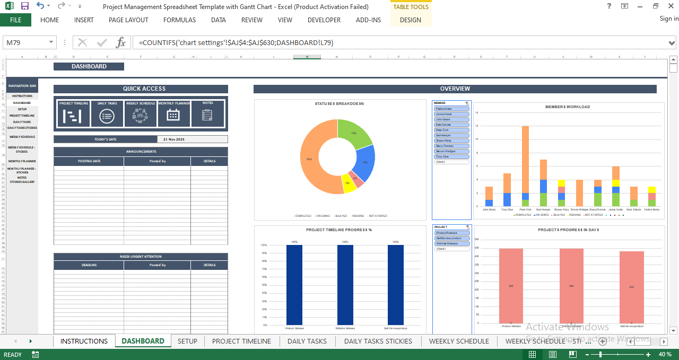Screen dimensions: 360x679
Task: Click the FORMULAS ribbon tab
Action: pos(179,20)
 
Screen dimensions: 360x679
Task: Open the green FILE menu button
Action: pos(15,20)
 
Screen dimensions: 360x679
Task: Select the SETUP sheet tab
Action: pos(187,341)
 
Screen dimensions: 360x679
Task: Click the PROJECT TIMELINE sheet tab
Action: pos(241,341)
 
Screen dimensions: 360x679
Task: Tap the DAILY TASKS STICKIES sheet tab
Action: pos(378,341)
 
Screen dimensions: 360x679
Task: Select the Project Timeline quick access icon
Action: pos(73,115)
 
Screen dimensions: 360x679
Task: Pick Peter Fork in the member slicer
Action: pos(452,130)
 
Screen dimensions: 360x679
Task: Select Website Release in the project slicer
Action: pos(452,243)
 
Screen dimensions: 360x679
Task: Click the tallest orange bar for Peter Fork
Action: pos(525,159)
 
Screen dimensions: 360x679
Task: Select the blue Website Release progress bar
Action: pos(345,285)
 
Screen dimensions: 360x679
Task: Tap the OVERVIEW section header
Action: pos(455,89)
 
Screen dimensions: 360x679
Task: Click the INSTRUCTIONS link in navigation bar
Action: pos(22,96)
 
